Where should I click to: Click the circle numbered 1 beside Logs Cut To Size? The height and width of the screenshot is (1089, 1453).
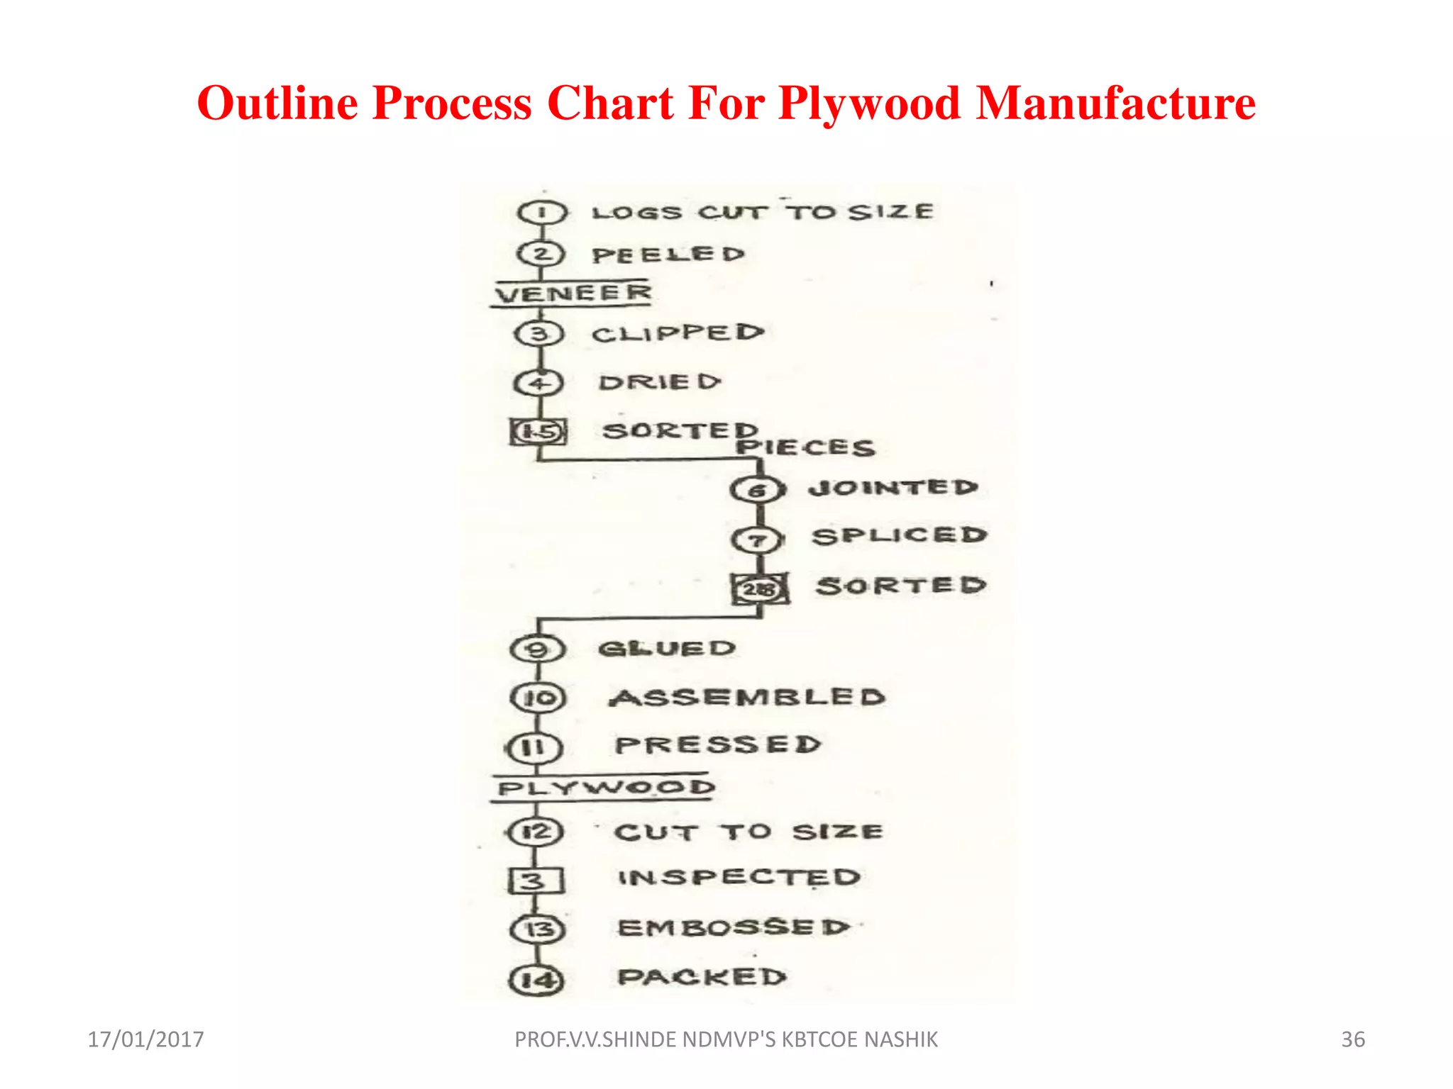click(542, 212)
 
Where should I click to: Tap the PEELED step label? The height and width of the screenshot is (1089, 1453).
click(668, 255)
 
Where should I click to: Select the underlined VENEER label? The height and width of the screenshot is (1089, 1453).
click(573, 293)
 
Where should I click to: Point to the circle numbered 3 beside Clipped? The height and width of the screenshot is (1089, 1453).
click(539, 333)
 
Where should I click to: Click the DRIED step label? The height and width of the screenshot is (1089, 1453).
click(660, 383)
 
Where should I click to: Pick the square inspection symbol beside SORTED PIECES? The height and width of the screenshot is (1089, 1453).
click(538, 431)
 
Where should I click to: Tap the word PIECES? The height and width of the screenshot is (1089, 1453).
click(806, 447)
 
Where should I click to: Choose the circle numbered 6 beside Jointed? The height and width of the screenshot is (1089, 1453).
click(758, 489)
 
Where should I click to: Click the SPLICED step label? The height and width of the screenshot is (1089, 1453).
click(900, 536)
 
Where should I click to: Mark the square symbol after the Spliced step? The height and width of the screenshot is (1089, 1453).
click(760, 588)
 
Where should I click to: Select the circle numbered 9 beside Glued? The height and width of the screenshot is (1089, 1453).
click(538, 649)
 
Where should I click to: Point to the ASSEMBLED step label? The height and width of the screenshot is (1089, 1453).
click(748, 698)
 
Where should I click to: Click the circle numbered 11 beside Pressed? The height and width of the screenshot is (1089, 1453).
click(534, 747)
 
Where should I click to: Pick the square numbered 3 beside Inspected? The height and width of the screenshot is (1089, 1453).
click(536, 881)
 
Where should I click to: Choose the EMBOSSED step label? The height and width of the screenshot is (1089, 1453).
click(734, 927)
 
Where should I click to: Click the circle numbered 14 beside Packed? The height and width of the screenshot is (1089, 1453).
click(537, 981)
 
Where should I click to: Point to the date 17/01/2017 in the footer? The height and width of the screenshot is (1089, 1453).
click(145, 1039)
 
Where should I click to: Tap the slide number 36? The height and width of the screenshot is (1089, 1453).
click(1352, 1039)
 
